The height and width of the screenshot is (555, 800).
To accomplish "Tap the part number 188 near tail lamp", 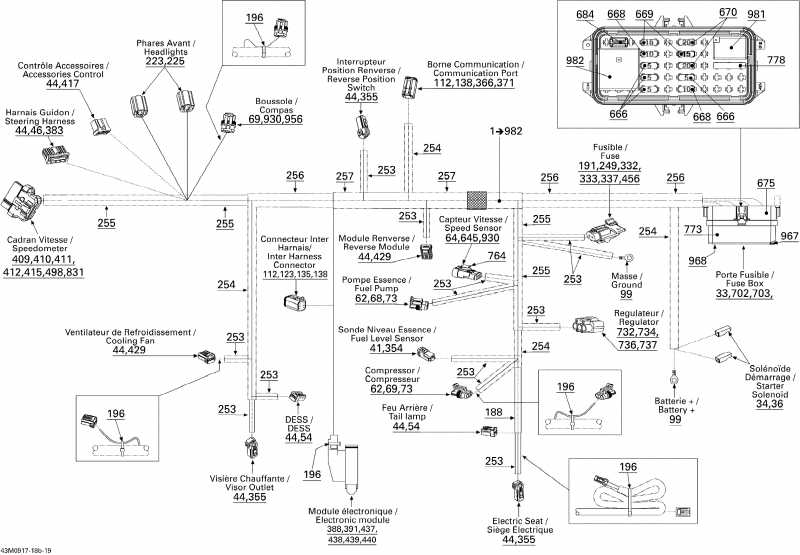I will click(493, 411).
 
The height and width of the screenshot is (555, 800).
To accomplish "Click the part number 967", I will click(789, 236).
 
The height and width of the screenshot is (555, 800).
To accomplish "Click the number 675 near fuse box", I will click(765, 183).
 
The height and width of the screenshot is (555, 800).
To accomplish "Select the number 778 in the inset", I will click(776, 61).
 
